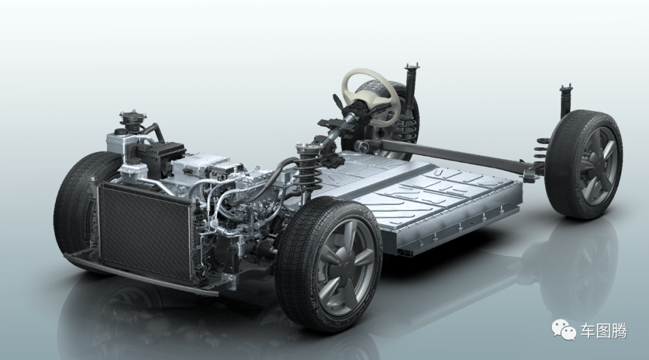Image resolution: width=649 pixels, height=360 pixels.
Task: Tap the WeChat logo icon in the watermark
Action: coord(564,331)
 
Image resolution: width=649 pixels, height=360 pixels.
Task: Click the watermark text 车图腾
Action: coord(603,331)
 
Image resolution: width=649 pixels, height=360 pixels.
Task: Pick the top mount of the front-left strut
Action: coord(132,118)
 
